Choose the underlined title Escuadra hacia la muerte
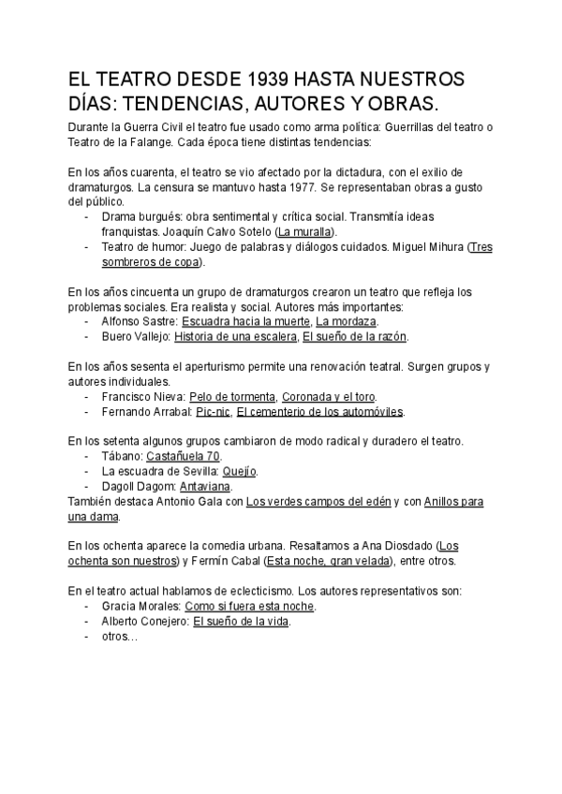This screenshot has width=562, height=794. [x=245, y=320]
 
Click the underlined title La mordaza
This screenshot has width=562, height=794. [x=347, y=320]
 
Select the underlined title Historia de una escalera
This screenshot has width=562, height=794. [x=235, y=335]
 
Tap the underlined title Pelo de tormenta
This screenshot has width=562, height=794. [x=232, y=396]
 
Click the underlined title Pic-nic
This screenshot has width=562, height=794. [x=213, y=411]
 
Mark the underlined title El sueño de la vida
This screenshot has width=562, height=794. [x=241, y=622]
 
